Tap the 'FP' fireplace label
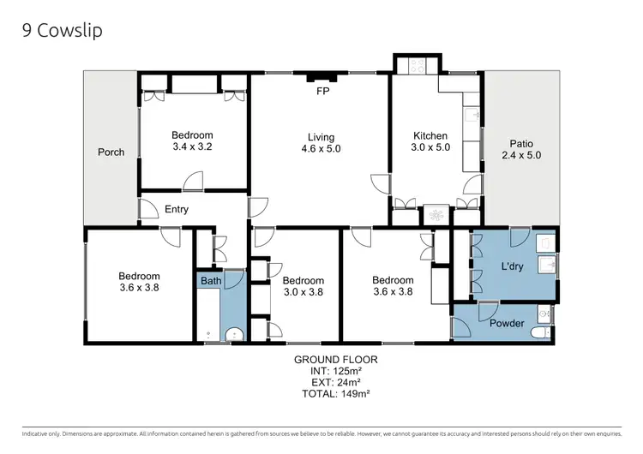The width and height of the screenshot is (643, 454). [x=322, y=90]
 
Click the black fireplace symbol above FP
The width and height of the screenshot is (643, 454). [x=322, y=78]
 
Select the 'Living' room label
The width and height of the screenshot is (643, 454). [x=321, y=137]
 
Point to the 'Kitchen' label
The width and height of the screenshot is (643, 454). [x=430, y=136]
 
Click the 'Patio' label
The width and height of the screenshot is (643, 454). [x=521, y=144]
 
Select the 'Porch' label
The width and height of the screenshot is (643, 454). [x=111, y=152]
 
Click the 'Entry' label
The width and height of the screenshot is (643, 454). [x=177, y=209]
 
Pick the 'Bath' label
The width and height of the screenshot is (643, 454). [x=210, y=281]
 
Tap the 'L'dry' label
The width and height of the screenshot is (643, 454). [x=514, y=267]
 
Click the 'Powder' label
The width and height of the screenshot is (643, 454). [x=507, y=324]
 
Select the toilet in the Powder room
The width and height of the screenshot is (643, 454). [x=538, y=332]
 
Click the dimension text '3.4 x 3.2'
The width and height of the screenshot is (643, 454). [x=192, y=147]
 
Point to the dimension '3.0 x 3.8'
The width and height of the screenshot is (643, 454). [x=303, y=292]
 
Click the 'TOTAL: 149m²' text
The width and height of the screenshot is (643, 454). [x=335, y=394]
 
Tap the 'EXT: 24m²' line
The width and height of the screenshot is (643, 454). [x=335, y=382]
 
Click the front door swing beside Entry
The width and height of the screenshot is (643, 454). [x=148, y=211]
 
